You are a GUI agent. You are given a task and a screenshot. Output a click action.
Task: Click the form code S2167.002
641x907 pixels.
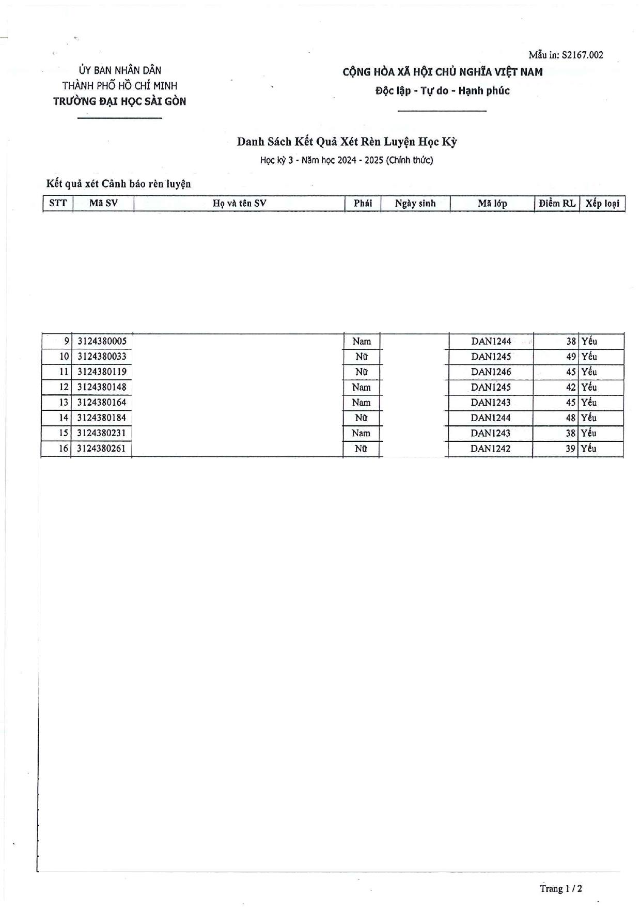coord(582,55)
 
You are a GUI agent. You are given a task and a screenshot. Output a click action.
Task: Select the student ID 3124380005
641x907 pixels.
coord(102,341)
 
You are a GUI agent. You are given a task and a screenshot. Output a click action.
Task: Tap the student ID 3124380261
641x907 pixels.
coord(101,449)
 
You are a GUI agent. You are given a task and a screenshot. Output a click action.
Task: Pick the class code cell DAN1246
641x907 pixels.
coord(491,372)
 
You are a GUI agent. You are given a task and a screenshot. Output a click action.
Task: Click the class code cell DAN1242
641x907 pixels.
coord(490,449)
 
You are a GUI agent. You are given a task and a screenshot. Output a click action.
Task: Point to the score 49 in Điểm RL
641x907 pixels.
coord(571,357)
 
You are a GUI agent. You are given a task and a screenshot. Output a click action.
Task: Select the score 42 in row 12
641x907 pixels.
coord(571,387)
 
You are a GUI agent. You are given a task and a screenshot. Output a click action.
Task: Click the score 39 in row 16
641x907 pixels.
coord(570,449)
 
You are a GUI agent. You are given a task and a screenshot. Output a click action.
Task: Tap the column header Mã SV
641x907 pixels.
coord(103,203)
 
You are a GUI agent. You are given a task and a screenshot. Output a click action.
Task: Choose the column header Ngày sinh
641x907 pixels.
coord(415,203)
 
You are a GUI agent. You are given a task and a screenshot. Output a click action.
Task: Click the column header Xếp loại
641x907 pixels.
coord(602,203)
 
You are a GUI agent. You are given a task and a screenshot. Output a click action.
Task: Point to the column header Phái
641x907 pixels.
coord(363,203)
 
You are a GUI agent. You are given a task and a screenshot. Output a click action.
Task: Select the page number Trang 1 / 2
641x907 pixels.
coord(561,888)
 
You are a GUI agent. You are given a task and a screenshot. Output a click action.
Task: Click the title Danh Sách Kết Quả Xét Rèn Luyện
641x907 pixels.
coord(347,142)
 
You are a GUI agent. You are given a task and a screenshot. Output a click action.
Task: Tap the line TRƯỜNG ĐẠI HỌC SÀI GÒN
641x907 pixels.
coord(119,101)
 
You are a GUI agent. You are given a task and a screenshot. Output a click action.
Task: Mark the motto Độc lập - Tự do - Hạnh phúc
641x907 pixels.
coord(442,91)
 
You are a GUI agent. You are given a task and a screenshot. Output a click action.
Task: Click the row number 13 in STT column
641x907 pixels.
coord(64,403)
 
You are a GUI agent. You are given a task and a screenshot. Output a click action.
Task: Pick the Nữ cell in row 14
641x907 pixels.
coord(361,418)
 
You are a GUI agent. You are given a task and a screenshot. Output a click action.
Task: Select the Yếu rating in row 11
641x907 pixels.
coord(589,372)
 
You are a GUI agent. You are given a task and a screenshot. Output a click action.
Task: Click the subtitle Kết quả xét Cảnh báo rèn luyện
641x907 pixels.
coord(118,183)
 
